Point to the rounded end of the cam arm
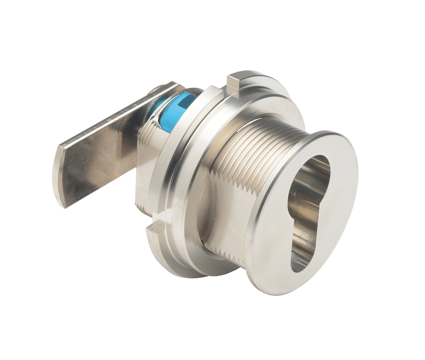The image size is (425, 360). click(x=59, y=174)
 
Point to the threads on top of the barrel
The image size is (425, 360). click(x=255, y=136)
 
